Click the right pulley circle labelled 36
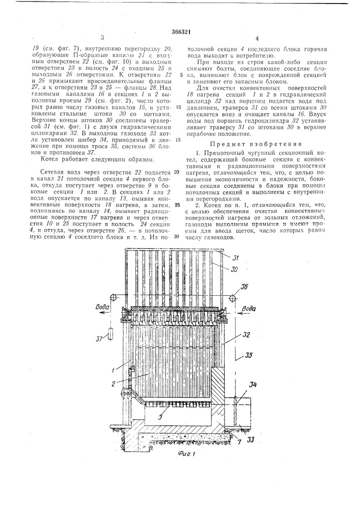[x=232, y=298]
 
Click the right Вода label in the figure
[x=248, y=308]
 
